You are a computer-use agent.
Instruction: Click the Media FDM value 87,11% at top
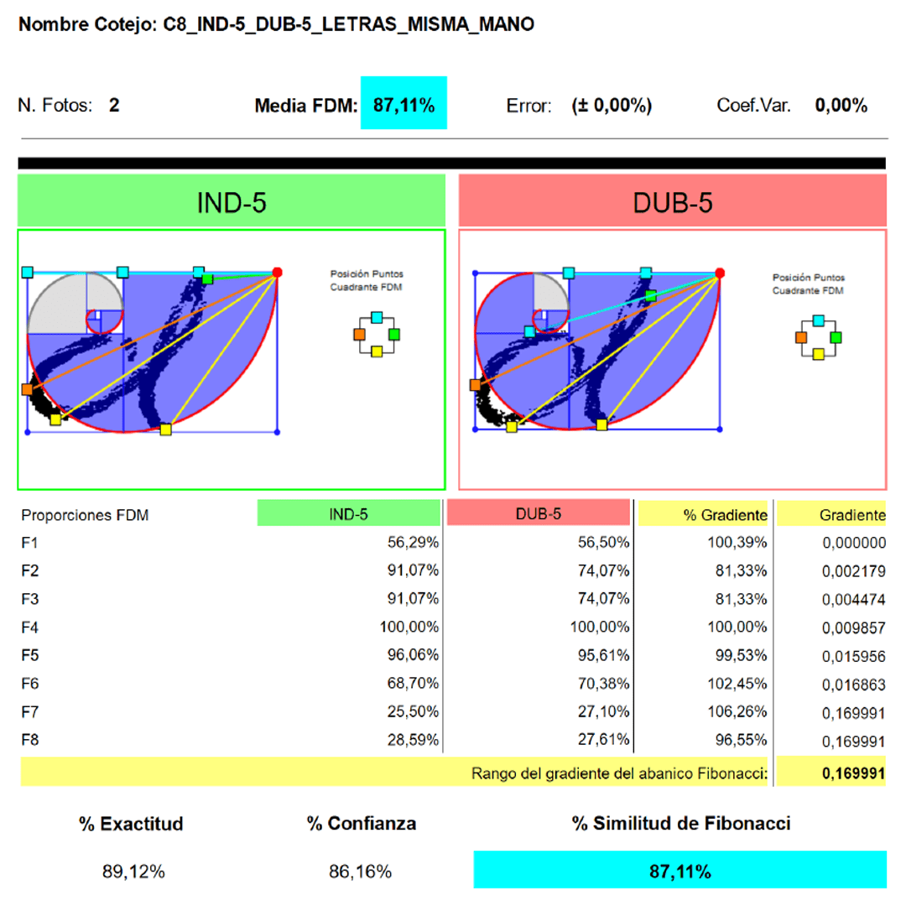[x=404, y=105]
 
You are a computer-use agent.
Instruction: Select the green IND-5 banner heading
[x=232, y=200]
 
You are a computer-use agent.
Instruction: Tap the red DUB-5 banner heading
[x=673, y=200]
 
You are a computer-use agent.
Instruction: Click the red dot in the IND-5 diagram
[x=278, y=272]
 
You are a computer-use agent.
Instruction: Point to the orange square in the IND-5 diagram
[x=27, y=389]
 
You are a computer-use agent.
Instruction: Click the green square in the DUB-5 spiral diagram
[x=651, y=296]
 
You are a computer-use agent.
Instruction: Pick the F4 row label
[x=29, y=627]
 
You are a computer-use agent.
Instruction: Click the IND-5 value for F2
[x=413, y=570]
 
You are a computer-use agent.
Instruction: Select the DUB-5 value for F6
[x=603, y=684]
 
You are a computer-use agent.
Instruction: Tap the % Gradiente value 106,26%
[x=737, y=712]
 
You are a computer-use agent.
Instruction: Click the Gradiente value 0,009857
[x=853, y=627]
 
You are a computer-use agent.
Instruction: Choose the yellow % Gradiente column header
[x=703, y=513]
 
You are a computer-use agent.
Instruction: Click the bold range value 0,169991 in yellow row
[x=853, y=773]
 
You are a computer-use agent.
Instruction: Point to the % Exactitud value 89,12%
[x=133, y=872]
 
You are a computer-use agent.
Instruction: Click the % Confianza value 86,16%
[x=361, y=872]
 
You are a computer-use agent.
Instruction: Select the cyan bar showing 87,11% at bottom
[x=679, y=870]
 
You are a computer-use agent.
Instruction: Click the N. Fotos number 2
[x=114, y=105]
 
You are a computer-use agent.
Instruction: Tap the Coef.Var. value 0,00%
[x=841, y=105]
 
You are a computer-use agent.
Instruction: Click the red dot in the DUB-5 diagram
[x=720, y=273]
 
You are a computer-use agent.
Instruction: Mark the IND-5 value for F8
[x=413, y=740]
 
